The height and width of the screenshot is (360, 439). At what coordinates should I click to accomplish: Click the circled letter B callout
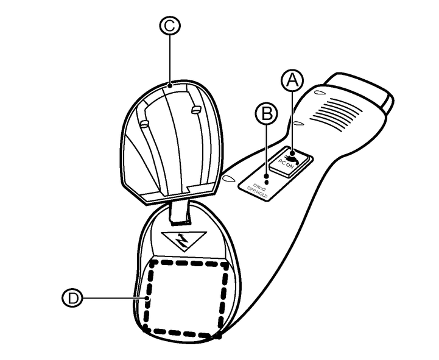click(267, 113)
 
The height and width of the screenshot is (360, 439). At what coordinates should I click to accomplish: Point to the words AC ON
click(286, 164)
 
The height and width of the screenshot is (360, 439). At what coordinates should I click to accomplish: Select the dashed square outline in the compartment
click(186, 295)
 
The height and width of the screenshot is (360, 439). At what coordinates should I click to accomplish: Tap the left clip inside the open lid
click(146, 124)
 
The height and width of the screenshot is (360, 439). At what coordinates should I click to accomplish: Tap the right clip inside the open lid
click(195, 109)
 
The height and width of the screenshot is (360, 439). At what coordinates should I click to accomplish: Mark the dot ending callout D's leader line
click(146, 298)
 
